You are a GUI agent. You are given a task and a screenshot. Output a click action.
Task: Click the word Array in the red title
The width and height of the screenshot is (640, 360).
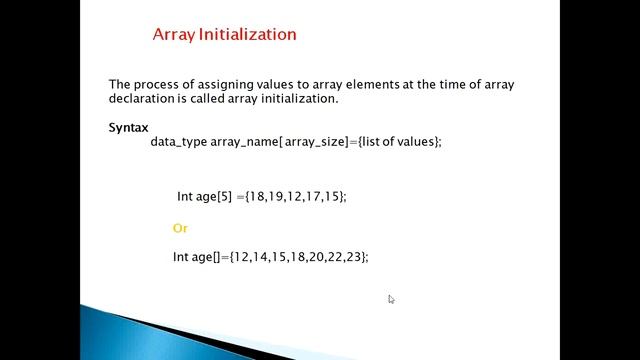(174, 35)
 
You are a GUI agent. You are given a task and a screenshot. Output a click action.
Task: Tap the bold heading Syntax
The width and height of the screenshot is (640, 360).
(128, 128)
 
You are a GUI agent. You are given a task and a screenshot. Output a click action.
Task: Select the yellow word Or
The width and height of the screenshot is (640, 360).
(180, 228)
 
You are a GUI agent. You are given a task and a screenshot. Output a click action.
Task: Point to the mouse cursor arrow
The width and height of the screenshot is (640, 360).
(391, 299)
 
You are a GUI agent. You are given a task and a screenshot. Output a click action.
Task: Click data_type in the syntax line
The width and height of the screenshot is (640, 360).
(178, 142)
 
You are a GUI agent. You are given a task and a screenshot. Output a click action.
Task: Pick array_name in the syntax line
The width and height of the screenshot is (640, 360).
(245, 142)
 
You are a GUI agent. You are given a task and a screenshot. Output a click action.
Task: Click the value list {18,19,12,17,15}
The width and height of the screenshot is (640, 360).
(295, 196)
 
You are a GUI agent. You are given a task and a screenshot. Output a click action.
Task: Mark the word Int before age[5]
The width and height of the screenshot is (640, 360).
(184, 196)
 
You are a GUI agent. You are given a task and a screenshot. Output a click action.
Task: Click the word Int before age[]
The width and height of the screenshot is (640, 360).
(181, 257)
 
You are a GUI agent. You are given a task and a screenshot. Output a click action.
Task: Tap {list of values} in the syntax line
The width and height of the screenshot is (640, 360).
(398, 142)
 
